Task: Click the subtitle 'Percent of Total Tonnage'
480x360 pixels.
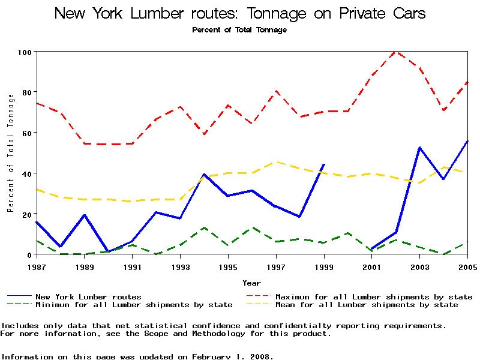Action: tap(239, 29)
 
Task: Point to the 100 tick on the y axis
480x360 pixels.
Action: tap(25, 52)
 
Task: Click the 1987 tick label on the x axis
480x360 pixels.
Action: tap(37, 266)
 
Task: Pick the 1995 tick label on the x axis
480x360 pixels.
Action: tap(228, 266)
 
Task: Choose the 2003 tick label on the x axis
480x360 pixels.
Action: tap(419, 266)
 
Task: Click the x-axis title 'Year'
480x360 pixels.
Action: tap(251, 283)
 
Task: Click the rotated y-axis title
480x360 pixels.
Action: tap(11, 153)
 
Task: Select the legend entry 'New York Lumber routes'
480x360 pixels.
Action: tap(88, 296)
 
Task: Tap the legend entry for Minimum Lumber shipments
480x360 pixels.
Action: tap(134, 305)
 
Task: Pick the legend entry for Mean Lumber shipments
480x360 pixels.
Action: tap(366, 305)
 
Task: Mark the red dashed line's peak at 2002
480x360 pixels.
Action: tap(395, 52)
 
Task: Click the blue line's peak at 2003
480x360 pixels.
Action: tap(419, 147)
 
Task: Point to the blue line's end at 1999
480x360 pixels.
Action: tap(324, 164)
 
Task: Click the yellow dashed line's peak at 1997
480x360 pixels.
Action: tap(276, 161)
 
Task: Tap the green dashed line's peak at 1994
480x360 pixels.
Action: tap(204, 227)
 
